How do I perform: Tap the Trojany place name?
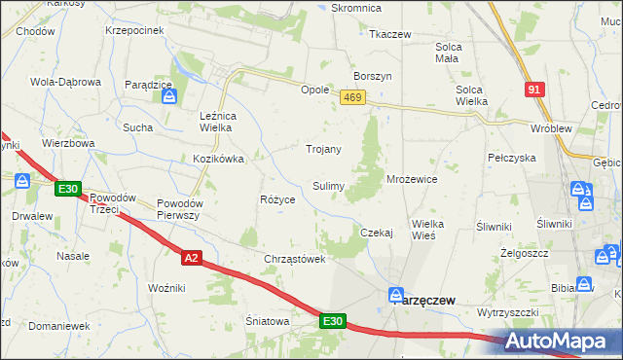coord(324,149)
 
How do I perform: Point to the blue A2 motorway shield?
coord(191,257)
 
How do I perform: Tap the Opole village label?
coord(314,89)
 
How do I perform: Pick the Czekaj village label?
coord(376,233)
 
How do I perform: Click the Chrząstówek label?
coord(294,259)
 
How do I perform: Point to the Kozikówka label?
coord(217,158)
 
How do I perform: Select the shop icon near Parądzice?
coord(169,96)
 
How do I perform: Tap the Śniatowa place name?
coord(269,321)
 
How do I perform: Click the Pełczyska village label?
coord(512,157)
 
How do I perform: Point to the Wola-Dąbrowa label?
coord(66,82)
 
